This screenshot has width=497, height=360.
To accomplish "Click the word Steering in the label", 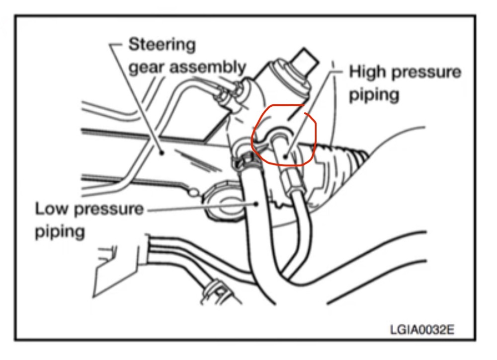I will [162, 45].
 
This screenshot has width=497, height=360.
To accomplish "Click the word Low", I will [51, 209].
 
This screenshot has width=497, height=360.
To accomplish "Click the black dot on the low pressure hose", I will [257, 202].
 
